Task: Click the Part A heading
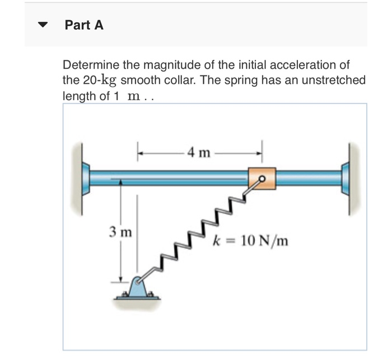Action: (84, 25)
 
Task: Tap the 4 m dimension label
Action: (199, 152)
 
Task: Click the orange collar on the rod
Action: (262, 178)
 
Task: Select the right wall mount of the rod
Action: (346, 178)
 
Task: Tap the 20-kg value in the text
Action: (101, 80)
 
